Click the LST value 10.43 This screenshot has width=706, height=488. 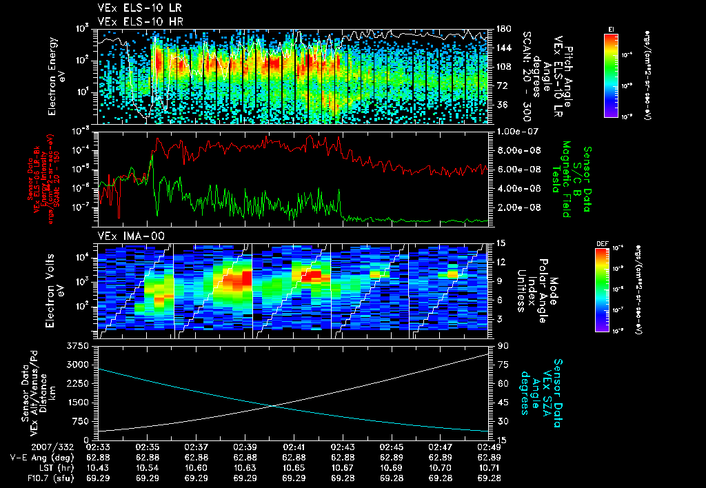coord(101,467)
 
